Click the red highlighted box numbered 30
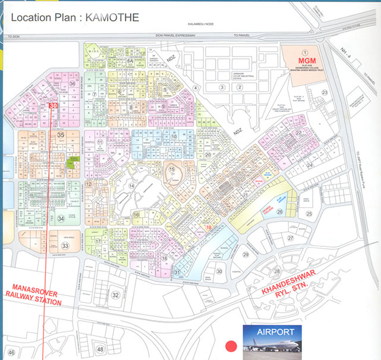[x=53, y=105]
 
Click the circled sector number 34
[x=61, y=219]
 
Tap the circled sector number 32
[x=116, y=295]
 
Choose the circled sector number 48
[x=100, y=349]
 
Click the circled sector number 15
[x=172, y=170]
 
